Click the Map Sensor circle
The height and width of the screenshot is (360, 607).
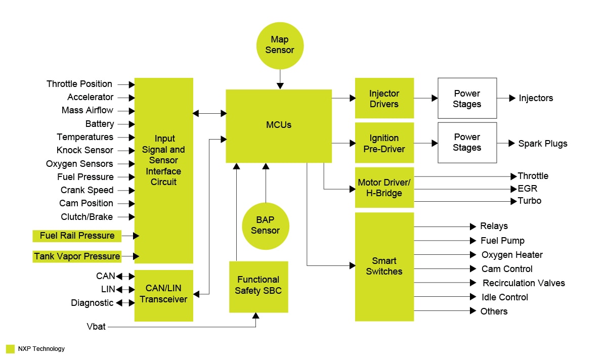(x=280, y=45)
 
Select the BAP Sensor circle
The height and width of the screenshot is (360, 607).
(x=265, y=225)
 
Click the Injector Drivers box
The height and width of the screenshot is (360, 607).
(x=384, y=99)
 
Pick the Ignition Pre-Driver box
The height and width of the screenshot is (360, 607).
(x=384, y=143)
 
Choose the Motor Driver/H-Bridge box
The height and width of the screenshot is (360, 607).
(x=384, y=188)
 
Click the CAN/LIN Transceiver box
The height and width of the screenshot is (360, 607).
(x=163, y=294)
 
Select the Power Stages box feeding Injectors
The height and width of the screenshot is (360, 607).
(x=467, y=99)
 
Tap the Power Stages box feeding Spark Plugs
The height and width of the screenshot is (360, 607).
(x=467, y=143)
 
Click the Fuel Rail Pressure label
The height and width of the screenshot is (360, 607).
(x=77, y=236)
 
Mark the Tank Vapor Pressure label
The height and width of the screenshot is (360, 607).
(x=77, y=256)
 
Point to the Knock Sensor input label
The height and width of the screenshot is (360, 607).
(x=85, y=150)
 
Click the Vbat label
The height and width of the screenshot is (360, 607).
(x=96, y=327)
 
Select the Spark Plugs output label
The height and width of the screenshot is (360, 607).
(x=543, y=144)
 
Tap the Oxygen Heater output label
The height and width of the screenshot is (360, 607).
(x=512, y=255)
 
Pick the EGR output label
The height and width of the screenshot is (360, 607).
(x=527, y=189)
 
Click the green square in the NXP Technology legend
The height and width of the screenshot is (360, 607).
(x=10, y=349)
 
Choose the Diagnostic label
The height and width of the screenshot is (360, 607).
(x=92, y=303)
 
